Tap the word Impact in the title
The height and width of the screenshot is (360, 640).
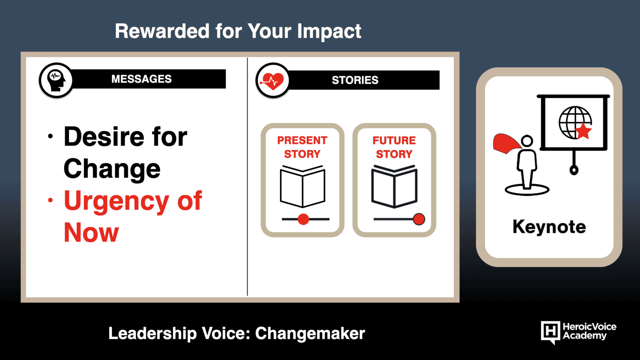(x=329, y=32)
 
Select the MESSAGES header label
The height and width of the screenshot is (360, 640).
(x=142, y=79)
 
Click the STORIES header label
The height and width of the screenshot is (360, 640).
(x=355, y=80)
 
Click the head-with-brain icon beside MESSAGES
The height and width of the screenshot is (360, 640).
(x=56, y=80)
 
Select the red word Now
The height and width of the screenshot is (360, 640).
(x=91, y=233)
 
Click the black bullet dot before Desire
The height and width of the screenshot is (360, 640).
(x=50, y=136)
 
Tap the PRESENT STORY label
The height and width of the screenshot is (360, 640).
(x=302, y=147)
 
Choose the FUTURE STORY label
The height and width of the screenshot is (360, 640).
(x=394, y=147)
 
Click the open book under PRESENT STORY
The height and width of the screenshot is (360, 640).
(x=302, y=186)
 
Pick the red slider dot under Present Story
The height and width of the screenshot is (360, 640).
(x=303, y=219)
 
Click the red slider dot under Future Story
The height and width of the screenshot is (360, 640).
(x=419, y=219)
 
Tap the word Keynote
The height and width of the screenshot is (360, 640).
(x=549, y=227)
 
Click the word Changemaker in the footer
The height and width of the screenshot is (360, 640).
(x=310, y=334)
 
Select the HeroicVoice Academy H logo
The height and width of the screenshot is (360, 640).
(x=550, y=332)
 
